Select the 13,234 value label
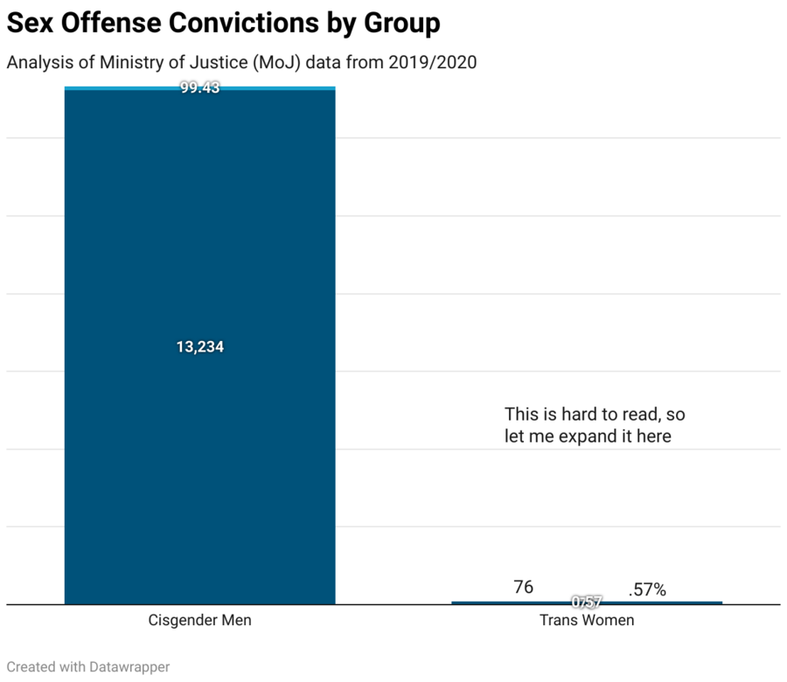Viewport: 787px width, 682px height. point(200,347)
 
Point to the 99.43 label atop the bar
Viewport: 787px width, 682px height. point(200,88)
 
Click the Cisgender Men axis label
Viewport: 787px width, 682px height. point(200,621)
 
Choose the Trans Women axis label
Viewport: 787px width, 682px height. point(587,621)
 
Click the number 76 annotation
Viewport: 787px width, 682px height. point(523,588)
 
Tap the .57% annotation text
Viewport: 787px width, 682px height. point(647,590)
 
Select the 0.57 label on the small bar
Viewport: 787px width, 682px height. point(587,602)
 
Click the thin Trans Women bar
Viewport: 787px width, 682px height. point(490,602)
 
